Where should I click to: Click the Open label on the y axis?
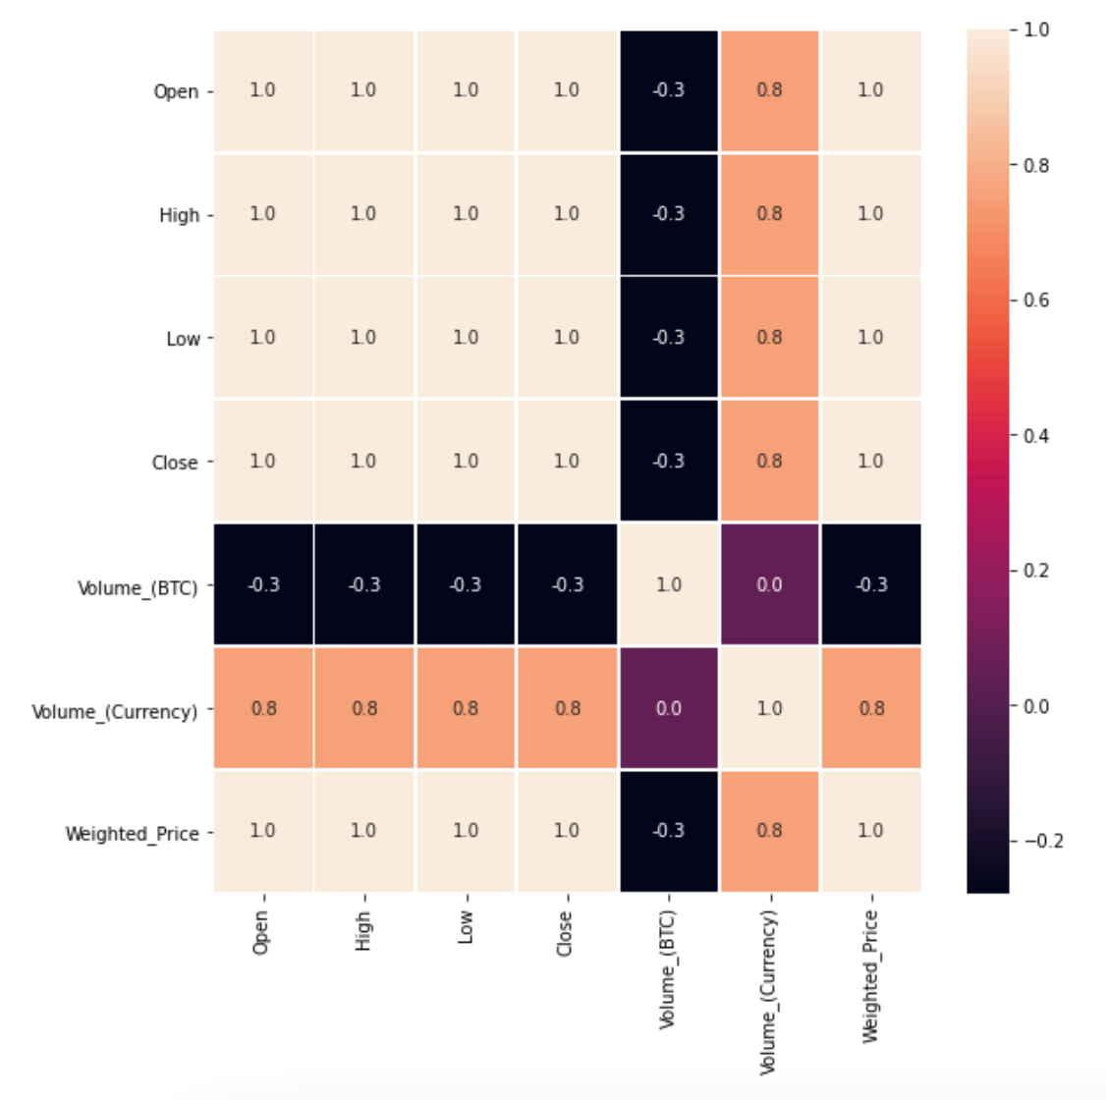(x=175, y=92)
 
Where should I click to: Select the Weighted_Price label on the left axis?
(x=132, y=834)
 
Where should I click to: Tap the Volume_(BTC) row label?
(x=138, y=588)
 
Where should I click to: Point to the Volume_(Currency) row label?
(x=114, y=711)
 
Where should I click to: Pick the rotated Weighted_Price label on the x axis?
(x=870, y=975)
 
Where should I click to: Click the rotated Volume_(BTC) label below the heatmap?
(x=668, y=967)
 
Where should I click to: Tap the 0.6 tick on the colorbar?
(x=1036, y=301)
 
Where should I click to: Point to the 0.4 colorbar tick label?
(x=1036, y=436)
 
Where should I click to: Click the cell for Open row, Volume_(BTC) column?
(x=668, y=90)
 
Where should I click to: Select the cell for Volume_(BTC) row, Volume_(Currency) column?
(x=769, y=584)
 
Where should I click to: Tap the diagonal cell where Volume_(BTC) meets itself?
(x=668, y=584)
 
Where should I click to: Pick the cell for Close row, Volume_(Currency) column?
(x=769, y=461)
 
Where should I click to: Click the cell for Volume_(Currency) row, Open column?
(x=263, y=708)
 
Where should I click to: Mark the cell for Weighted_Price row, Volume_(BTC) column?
(x=668, y=831)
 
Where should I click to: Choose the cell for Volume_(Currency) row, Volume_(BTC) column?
(x=668, y=708)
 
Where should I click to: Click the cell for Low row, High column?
(x=363, y=337)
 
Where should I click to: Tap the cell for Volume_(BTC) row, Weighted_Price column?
(x=871, y=584)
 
